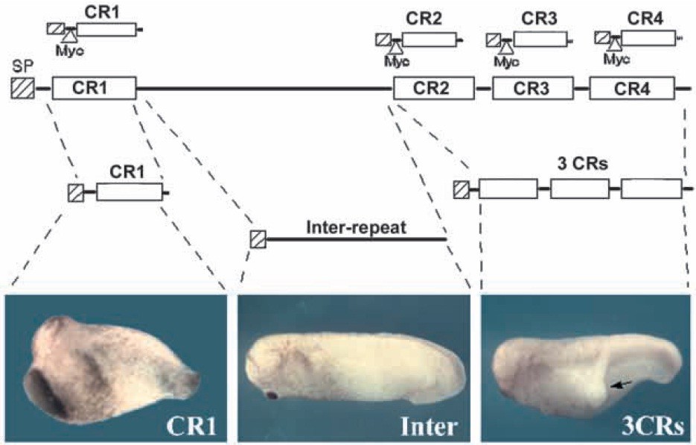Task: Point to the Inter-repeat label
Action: click(x=356, y=227)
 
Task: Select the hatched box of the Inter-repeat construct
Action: click(x=258, y=239)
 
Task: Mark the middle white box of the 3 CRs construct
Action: click(x=579, y=189)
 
